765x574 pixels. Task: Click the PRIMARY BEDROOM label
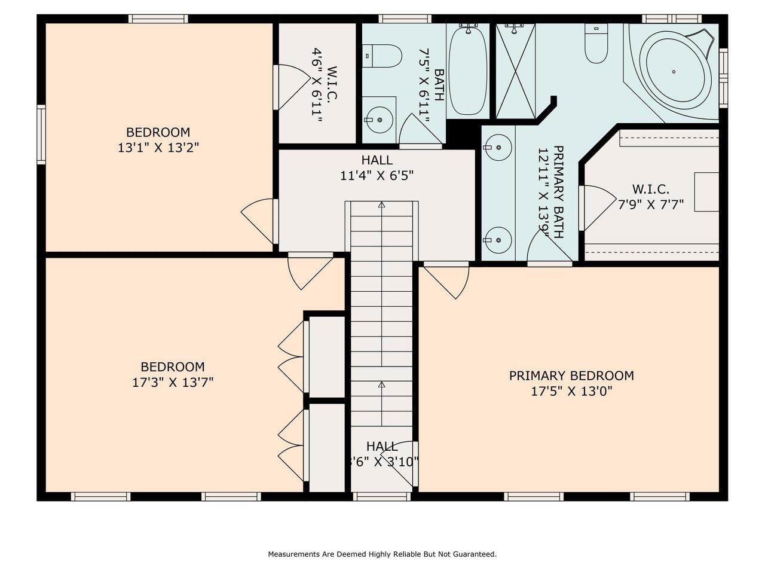[x=571, y=375]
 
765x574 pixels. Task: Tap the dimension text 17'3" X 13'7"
[x=173, y=382]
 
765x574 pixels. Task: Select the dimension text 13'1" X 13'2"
[x=158, y=147]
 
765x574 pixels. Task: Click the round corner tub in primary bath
[x=674, y=72]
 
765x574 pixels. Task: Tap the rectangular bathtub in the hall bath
[x=468, y=71]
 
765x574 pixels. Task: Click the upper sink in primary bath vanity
[x=497, y=145]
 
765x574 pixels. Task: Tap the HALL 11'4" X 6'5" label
[x=377, y=167]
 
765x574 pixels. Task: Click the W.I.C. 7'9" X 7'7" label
[x=650, y=197]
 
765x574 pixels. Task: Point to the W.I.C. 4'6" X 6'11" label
[x=323, y=85]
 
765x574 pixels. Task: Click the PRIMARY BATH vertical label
[x=550, y=191]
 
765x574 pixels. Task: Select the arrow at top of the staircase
[x=381, y=205]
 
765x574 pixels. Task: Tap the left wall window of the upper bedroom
[x=41, y=135]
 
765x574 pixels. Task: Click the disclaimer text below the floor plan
[x=382, y=554]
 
